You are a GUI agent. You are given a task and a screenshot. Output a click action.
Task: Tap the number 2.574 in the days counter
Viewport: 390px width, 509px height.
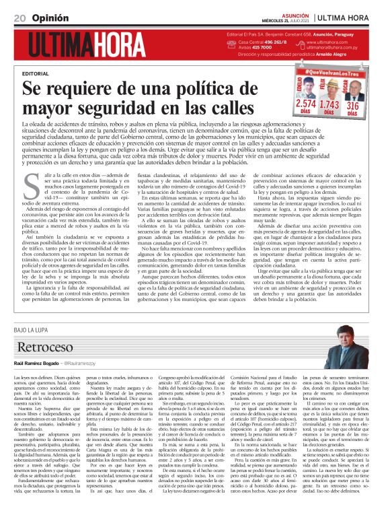(305, 104)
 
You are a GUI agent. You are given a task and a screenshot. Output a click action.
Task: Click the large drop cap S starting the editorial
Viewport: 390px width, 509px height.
(29, 182)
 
